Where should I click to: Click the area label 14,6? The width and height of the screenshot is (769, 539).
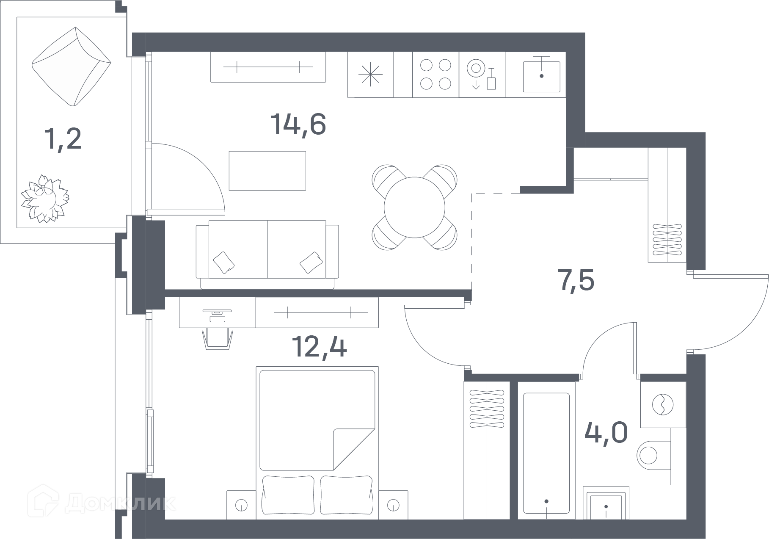(x=298, y=124)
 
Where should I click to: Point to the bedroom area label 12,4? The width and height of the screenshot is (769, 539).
(x=320, y=347)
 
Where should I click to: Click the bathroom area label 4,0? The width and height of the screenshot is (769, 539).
(x=606, y=432)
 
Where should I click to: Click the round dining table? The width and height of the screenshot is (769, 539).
(x=415, y=207)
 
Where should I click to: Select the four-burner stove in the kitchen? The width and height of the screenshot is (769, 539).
(x=435, y=75)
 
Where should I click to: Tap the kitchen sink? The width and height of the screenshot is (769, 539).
(x=542, y=77)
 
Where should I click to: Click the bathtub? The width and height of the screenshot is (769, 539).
(x=546, y=453)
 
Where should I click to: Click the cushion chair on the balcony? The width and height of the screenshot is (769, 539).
(x=72, y=67)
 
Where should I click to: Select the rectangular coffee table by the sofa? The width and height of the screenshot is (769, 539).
(x=267, y=171)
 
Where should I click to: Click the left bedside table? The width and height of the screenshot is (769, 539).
(x=241, y=505)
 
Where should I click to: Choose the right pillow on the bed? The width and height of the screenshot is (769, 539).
(x=346, y=495)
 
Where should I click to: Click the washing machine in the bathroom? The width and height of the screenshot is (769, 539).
(x=663, y=404)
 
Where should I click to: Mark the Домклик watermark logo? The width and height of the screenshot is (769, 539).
(x=102, y=503)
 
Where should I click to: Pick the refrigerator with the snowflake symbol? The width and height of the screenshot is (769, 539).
(x=371, y=75)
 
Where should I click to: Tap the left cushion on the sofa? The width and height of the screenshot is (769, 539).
(x=224, y=263)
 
